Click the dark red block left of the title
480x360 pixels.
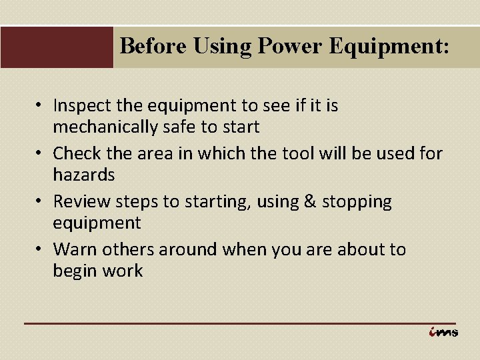57,47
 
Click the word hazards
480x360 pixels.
84,174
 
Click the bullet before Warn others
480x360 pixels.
41,250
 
